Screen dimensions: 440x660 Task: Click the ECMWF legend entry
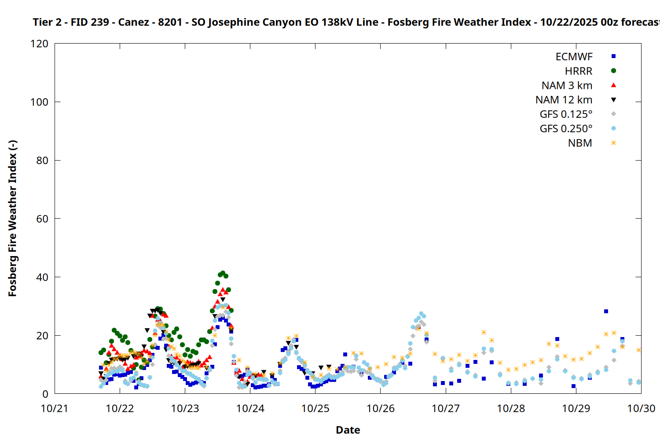click(574, 57)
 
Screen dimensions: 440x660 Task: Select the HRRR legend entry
click(578, 71)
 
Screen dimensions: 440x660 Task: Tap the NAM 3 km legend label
click(567, 86)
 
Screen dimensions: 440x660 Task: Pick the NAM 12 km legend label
click(564, 100)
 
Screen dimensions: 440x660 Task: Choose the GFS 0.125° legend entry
click(566, 114)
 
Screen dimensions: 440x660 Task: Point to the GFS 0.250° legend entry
click(566, 129)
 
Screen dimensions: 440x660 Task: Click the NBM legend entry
click(580, 143)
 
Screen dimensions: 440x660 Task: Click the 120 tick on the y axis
click(40, 44)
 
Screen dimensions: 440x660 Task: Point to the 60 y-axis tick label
click(42, 219)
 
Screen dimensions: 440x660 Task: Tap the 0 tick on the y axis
click(45, 394)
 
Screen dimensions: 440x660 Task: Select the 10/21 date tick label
click(55, 409)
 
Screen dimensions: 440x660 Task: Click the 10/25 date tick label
click(315, 409)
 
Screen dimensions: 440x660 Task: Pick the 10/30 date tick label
click(641, 409)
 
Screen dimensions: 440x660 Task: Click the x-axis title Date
click(348, 430)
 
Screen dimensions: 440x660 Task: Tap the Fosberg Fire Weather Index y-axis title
click(12, 219)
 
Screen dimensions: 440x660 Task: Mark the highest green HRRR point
click(223, 273)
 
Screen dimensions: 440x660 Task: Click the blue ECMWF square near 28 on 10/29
click(606, 312)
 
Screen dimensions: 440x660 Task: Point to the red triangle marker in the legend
click(613, 85)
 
